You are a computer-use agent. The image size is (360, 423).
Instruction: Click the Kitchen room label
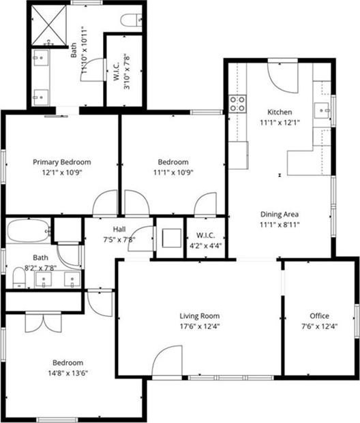(280, 112)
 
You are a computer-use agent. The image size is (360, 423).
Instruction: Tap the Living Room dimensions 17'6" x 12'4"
(200, 326)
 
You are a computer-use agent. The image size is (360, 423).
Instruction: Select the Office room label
(320, 316)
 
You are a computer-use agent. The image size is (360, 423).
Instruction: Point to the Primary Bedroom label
(62, 162)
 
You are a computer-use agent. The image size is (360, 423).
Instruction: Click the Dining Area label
(280, 214)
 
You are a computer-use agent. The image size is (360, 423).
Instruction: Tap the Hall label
(119, 230)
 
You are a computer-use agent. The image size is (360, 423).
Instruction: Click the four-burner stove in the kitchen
(238, 104)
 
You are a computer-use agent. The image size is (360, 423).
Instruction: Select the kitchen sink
(322, 110)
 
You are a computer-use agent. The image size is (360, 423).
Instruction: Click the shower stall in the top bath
(49, 25)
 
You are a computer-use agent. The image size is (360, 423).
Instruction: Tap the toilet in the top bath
(132, 20)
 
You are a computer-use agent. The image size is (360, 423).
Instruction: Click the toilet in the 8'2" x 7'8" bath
(19, 277)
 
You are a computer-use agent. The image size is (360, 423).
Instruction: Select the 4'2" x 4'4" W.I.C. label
(206, 240)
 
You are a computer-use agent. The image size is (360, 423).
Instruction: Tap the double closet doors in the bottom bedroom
(44, 322)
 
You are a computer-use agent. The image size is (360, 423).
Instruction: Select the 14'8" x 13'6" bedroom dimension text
(68, 373)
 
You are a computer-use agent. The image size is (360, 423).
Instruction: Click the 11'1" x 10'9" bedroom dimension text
(173, 172)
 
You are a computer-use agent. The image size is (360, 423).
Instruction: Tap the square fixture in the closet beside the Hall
(172, 238)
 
